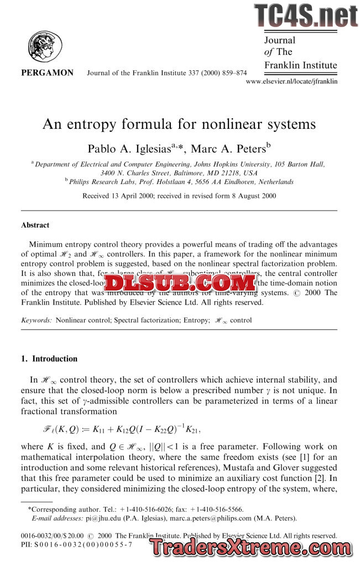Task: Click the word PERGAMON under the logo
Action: point(47,72)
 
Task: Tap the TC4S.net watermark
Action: point(305,16)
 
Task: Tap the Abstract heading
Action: point(35,225)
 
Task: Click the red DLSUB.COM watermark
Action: point(180,284)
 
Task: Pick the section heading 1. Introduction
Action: point(49,359)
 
